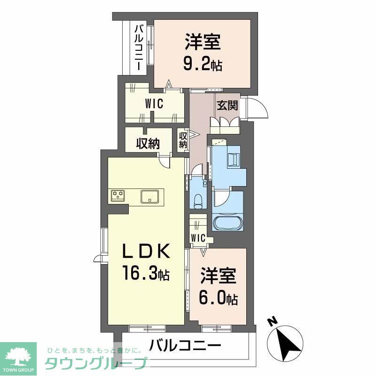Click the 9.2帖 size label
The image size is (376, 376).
pos(203,63)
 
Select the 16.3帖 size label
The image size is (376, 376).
pos(146,273)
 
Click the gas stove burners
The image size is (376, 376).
pos(117,195)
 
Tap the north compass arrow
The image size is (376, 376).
pos(288,341)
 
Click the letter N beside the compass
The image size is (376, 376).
pos(271,323)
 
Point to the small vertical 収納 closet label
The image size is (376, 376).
pos(183,140)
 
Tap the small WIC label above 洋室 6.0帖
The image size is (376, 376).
pos(198,238)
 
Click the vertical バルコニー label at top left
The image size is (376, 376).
pos(139,47)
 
